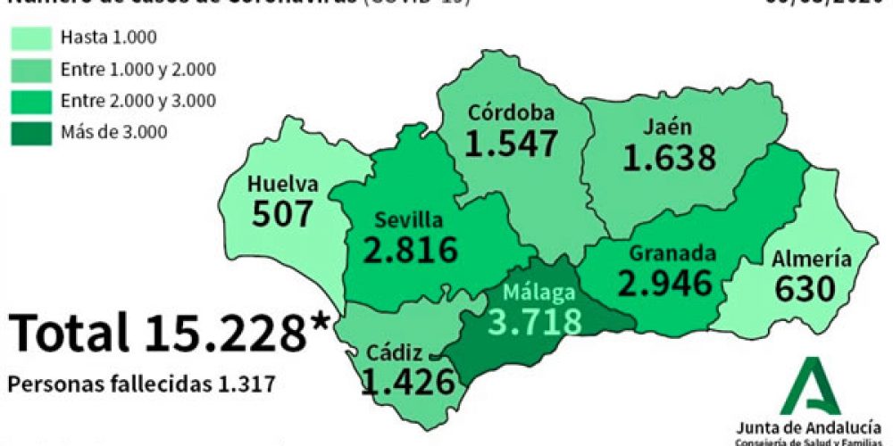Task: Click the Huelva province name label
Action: coord(284,185)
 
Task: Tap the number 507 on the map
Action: coord(283,214)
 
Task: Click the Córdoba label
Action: coord(513,113)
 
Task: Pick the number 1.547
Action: coord(511,143)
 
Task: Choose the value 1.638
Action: coord(669,158)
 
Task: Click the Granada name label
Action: coord(672,252)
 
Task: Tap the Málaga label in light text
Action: coord(538,292)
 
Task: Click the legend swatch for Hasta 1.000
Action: coord(30,37)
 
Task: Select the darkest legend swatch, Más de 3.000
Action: coord(30,132)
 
